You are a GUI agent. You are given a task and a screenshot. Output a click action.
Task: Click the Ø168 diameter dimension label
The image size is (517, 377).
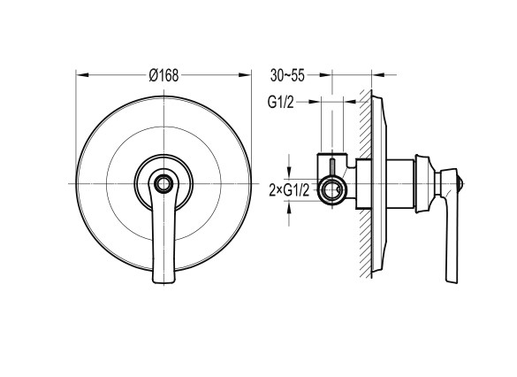click(163, 75)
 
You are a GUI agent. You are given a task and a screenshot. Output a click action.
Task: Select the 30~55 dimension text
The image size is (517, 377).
click(287, 75)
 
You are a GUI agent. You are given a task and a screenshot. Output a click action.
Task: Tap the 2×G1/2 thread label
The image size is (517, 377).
click(289, 190)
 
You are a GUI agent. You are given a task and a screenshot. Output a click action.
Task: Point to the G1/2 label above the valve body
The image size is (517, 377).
click(280, 102)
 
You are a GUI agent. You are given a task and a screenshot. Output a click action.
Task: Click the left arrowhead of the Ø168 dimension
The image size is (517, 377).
click(82, 75)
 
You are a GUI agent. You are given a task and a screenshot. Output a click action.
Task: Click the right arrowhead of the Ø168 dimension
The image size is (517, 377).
click(245, 75)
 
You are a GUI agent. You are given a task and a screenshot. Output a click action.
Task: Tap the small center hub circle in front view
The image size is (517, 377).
click(163, 183)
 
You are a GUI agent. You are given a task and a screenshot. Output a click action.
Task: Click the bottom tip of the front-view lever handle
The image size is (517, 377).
click(163, 282)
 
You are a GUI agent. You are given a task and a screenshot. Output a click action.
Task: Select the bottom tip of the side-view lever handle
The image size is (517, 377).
click(452, 282)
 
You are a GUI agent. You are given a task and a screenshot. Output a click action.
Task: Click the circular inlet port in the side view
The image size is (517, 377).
click(332, 190)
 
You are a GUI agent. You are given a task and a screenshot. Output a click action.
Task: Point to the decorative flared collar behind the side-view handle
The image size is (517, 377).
click(424, 183)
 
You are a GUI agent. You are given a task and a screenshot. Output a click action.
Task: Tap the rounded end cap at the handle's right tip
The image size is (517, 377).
click(460, 183)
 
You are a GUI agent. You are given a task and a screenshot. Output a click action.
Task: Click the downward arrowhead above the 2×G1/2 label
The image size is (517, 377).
click(289, 172)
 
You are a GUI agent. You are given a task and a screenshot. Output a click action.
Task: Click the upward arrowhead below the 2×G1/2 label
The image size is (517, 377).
click(289, 209)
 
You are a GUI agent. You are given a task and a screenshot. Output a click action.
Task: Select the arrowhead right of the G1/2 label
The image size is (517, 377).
click(314, 102)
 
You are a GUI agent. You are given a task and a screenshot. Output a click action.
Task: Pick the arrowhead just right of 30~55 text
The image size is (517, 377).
click(325, 75)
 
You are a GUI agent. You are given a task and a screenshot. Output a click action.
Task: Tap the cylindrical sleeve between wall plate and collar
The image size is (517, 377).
click(400, 183)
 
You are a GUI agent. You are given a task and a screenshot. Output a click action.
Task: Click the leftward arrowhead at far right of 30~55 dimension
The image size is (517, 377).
click(378, 75)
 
